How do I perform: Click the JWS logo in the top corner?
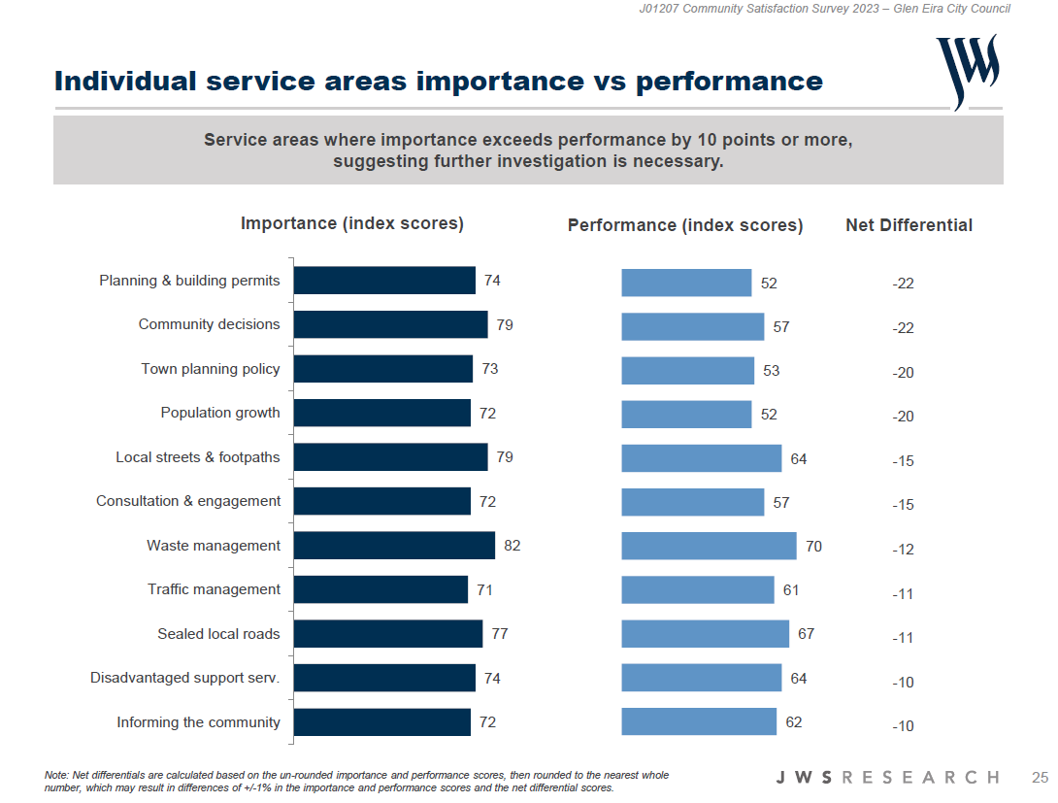pos(967,71)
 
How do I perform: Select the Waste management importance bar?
pos(394,546)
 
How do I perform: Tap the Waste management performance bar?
pos(709,547)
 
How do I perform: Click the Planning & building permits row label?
pos(189,281)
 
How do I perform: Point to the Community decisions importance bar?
pos(390,324)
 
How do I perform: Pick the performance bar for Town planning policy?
pos(687,371)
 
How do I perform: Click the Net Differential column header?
pos(909,225)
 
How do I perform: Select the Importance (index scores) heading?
pos(352,223)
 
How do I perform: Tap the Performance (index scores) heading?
pos(685,225)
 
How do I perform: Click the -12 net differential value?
pos(903,550)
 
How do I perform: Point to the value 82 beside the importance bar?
pos(512,546)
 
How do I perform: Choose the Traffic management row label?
pos(214,589)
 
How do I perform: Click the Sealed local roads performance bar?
pos(705,634)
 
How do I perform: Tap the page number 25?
pos(1040,778)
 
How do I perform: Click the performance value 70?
pos(813,547)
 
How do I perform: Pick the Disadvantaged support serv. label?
pos(185,678)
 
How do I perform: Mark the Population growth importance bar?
pos(381,413)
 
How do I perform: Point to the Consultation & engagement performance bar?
pos(692,502)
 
